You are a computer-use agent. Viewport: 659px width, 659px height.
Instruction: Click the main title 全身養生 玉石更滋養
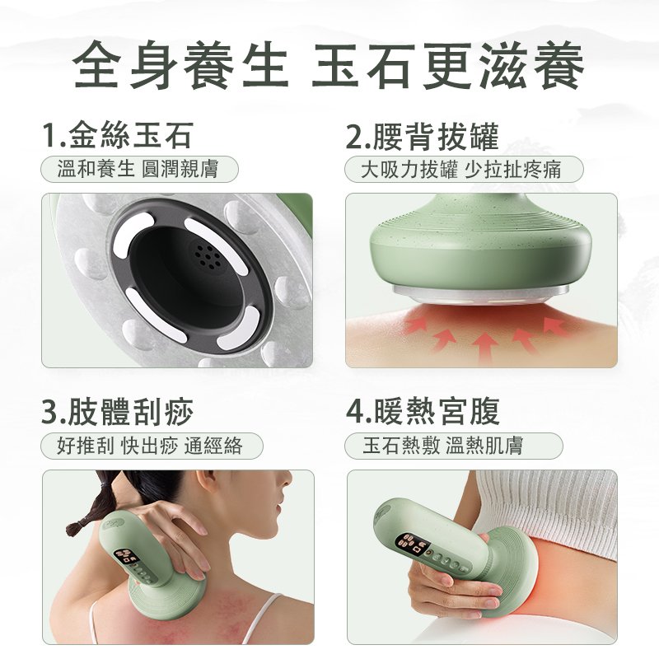click(x=328, y=65)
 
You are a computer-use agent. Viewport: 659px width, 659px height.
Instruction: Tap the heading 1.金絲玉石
click(x=118, y=135)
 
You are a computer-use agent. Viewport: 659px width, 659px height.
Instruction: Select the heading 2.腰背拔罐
click(x=422, y=135)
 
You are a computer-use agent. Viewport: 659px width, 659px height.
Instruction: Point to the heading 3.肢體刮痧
click(x=118, y=411)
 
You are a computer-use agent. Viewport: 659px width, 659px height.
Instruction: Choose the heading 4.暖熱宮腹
click(x=423, y=411)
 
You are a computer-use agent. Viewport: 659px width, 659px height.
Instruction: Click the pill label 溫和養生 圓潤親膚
click(x=139, y=170)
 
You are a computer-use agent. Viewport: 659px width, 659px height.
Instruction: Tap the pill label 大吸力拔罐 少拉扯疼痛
click(x=464, y=170)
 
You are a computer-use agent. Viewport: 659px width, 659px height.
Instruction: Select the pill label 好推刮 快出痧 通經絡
click(x=152, y=446)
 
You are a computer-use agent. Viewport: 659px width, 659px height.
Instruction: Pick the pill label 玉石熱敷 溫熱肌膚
click(x=454, y=446)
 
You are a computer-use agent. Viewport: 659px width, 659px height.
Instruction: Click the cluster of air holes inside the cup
click(x=208, y=256)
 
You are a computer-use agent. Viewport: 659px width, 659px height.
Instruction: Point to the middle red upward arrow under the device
click(x=484, y=348)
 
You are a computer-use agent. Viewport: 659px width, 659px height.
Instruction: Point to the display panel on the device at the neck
click(x=127, y=556)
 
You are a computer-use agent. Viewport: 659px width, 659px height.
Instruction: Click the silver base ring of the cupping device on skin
click(x=482, y=294)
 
